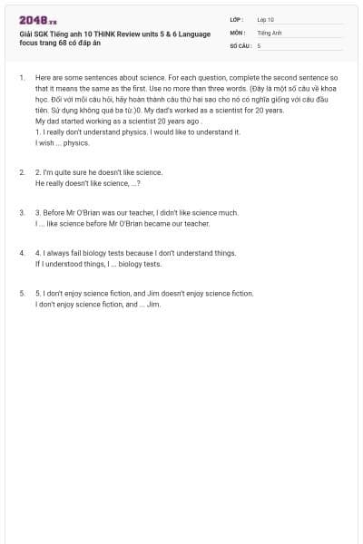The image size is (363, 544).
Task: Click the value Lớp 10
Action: (x=265, y=19)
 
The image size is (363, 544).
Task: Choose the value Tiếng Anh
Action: (x=270, y=32)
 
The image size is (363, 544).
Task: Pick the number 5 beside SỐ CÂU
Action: (x=259, y=44)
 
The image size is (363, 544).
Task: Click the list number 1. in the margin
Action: (x=22, y=78)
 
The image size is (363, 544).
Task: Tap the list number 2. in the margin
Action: (x=22, y=171)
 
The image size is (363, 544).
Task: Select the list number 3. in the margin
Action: (x=22, y=212)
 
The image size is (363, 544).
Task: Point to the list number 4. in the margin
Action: (x=22, y=253)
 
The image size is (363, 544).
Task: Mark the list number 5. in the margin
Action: (x=22, y=294)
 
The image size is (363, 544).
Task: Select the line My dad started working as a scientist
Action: (x=117, y=121)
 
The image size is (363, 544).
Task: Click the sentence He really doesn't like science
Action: (x=87, y=182)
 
